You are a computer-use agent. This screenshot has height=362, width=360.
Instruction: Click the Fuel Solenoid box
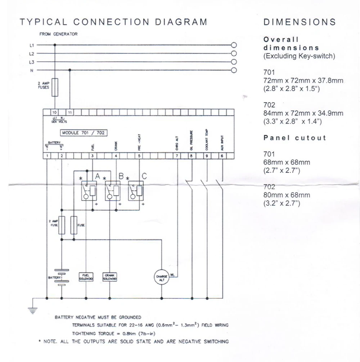[86, 277]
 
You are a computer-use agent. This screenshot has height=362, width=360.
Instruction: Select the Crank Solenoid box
[109, 277]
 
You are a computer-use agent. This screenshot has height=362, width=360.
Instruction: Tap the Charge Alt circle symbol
[161, 277]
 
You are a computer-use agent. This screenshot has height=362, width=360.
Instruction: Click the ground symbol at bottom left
[33, 310]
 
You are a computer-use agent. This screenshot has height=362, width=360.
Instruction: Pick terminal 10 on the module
[55, 112]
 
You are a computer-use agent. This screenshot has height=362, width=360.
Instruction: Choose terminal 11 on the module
[70, 112]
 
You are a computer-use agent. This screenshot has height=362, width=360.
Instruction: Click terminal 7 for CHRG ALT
[177, 156]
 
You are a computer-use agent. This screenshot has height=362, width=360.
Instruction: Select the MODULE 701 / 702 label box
[84, 133]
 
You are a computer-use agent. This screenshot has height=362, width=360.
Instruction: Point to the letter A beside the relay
[97, 176]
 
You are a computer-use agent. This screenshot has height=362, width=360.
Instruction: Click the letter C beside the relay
[144, 176]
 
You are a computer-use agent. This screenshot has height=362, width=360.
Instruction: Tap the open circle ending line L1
[234, 45]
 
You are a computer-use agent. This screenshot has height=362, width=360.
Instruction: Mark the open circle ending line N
[234, 70]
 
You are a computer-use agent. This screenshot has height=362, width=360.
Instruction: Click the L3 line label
[32, 62]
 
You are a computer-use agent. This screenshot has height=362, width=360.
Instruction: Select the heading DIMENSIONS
[300, 22]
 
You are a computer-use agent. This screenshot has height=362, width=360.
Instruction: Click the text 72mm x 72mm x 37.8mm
[303, 80]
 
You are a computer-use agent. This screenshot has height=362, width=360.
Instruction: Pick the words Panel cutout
[294, 138]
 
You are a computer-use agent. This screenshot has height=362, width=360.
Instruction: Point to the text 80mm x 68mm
[287, 195]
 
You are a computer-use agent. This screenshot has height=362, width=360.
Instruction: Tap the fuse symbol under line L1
[55, 87]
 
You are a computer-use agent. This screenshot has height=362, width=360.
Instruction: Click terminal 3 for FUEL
[93, 156]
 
